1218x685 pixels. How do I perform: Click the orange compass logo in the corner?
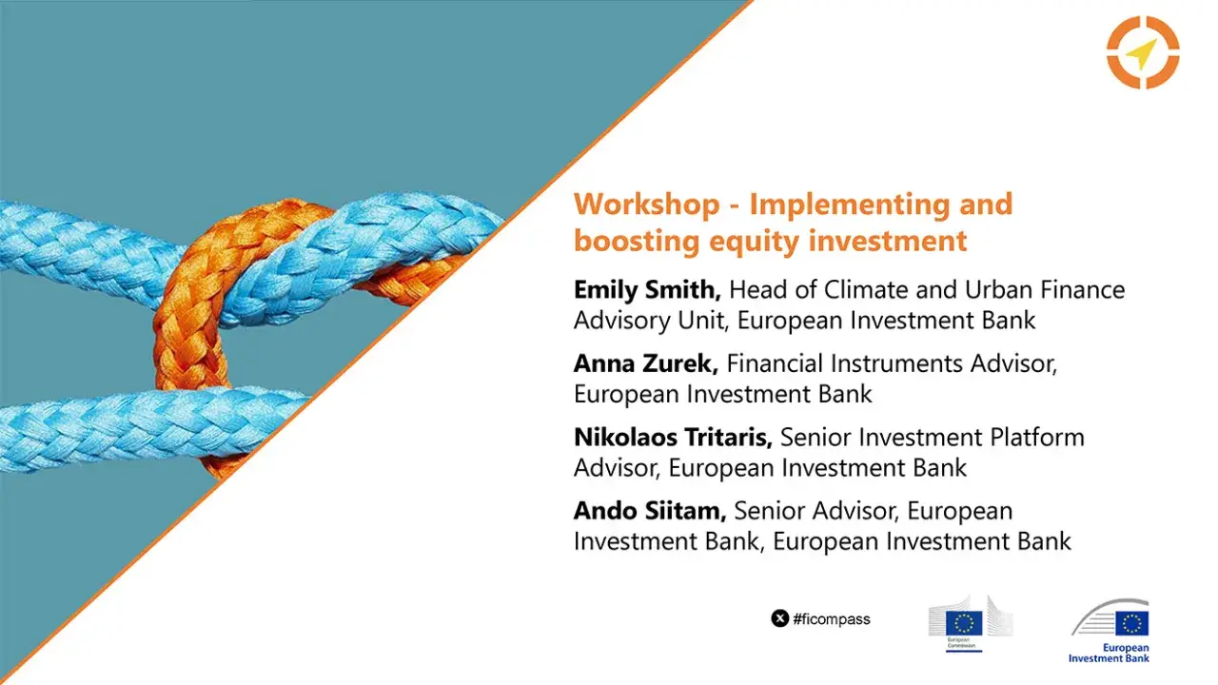1143,52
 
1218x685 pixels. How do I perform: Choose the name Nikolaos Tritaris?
675,438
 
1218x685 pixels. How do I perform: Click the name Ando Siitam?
649,512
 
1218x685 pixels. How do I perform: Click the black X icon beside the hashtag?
779,619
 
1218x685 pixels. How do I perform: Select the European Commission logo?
970,624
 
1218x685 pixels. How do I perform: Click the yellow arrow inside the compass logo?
1140,55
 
